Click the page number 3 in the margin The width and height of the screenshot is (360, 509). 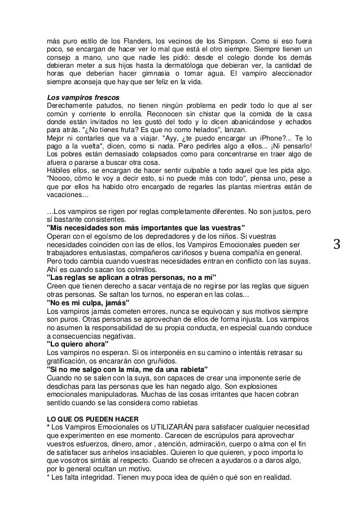[x=337, y=245]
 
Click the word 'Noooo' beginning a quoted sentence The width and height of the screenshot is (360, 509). [x=58, y=177]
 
